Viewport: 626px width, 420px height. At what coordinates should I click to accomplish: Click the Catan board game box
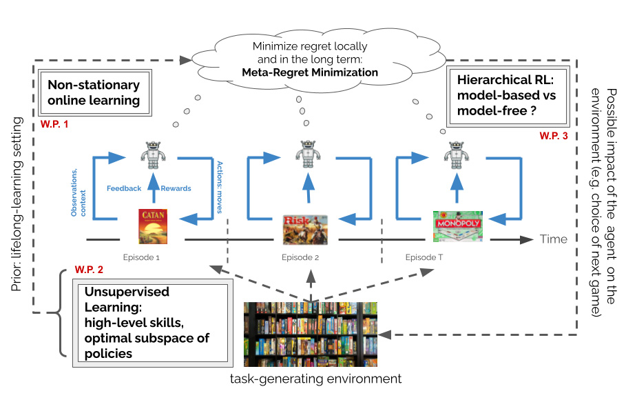153,226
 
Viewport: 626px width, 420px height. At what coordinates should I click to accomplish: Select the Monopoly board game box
457,227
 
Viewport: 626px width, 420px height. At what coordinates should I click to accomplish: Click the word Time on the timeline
554,239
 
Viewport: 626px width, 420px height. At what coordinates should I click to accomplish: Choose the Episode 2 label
300,258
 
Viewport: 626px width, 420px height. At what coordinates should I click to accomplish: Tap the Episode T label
425,257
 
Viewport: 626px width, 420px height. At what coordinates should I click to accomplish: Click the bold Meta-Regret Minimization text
310,71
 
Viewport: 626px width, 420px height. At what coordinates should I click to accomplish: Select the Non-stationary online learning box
94,93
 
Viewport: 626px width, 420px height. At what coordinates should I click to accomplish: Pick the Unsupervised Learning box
151,323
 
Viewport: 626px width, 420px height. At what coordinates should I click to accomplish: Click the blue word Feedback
124,188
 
